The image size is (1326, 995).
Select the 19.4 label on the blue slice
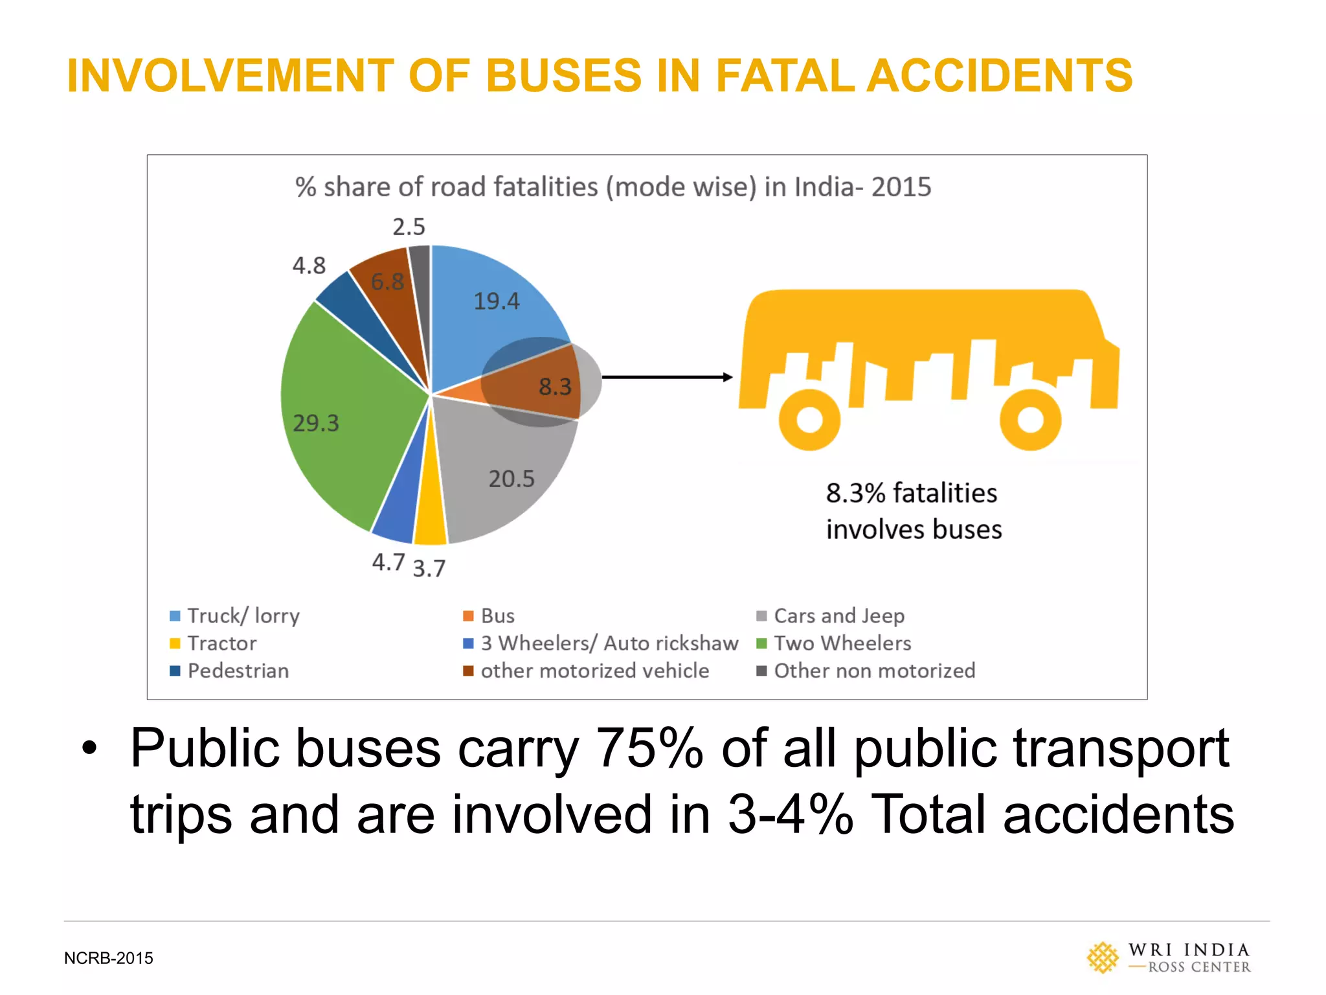[x=497, y=301]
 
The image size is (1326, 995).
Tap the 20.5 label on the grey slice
[x=511, y=479]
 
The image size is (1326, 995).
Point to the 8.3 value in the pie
[x=556, y=387]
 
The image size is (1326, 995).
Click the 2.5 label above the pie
[x=409, y=227]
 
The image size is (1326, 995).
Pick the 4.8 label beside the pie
[x=309, y=266]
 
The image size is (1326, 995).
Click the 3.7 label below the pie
[x=429, y=569]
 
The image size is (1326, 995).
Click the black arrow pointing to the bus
[x=667, y=377]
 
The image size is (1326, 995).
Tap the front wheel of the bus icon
[x=1030, y=419]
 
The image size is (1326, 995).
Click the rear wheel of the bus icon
[x=809, y=419]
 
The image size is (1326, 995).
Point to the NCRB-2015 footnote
[x=109, y=958]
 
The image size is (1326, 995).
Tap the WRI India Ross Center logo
[x=1169, y=957]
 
